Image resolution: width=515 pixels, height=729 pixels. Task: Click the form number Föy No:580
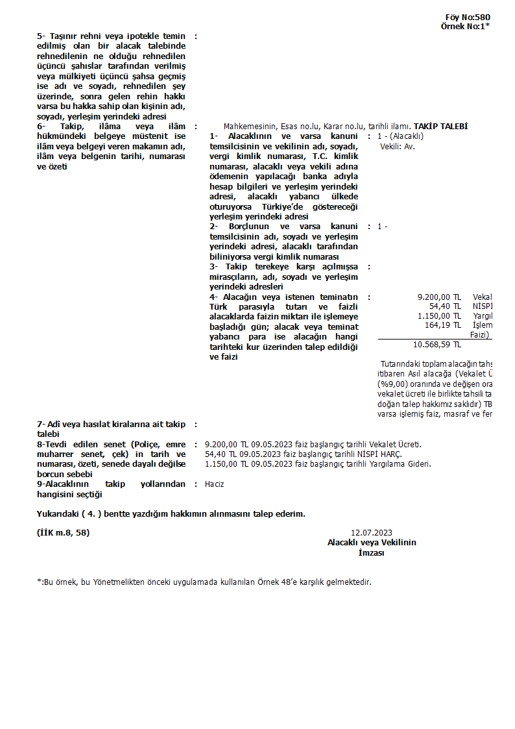(468, 18)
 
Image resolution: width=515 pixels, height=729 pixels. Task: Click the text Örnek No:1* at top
(465, 27)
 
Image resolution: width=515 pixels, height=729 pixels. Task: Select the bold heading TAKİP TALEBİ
(440, 127)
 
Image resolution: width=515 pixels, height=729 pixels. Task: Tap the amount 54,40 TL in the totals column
(445, 306)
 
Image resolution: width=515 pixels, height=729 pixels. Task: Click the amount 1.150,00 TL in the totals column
(439, 316)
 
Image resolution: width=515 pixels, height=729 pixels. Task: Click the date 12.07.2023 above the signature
(371, 533)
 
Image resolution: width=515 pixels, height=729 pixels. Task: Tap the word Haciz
(214, 484)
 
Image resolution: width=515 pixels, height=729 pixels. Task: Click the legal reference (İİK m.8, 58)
(64, 533)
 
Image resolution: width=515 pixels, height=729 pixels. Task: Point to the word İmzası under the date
(371, 553)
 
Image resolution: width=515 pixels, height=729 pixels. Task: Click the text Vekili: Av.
(397, 146)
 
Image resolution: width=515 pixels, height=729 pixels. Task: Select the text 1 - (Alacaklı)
(400, 136)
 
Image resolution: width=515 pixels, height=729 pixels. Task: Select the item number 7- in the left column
(42, 424)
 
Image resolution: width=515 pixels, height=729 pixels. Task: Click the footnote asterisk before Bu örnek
(39, 582)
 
